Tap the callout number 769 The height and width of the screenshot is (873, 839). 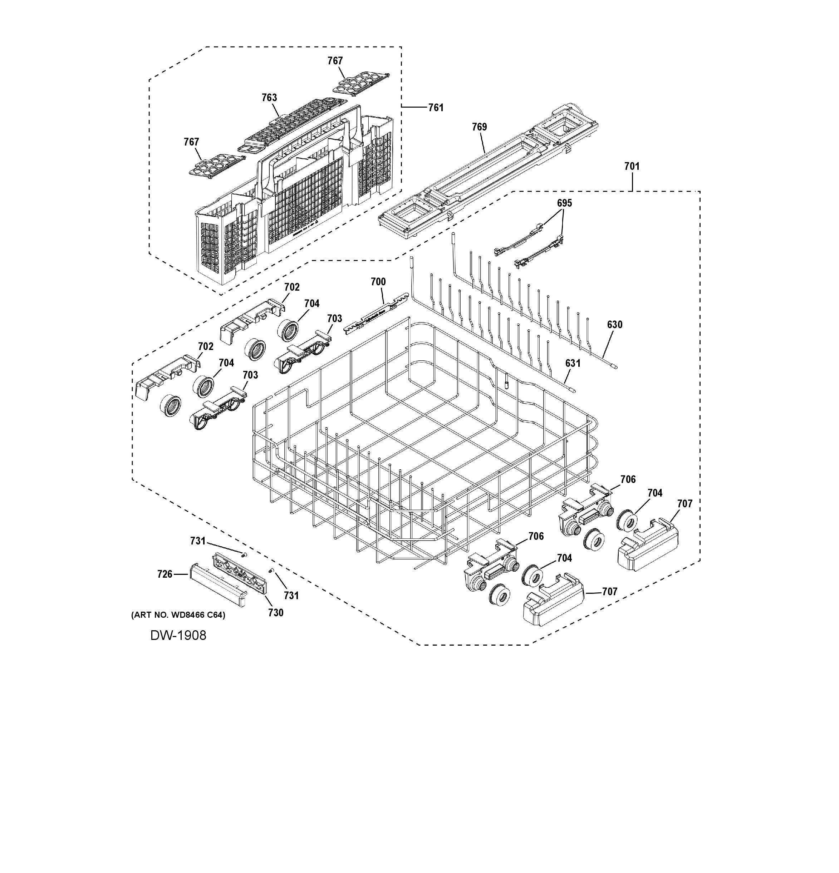pos(480,127)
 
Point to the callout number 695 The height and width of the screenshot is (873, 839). pos(564,203)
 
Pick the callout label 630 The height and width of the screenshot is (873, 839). pos(614,325)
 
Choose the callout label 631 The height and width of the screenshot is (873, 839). pos(573,364)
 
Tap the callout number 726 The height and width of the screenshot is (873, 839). pos(165,574)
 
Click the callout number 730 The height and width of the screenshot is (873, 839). pos(276,613)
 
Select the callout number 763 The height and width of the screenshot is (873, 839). pos(269,98)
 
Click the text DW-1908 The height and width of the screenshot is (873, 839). pos(178,635)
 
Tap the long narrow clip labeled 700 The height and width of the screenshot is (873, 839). pos(377,313)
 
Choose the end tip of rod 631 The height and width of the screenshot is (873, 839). pos(574,391)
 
